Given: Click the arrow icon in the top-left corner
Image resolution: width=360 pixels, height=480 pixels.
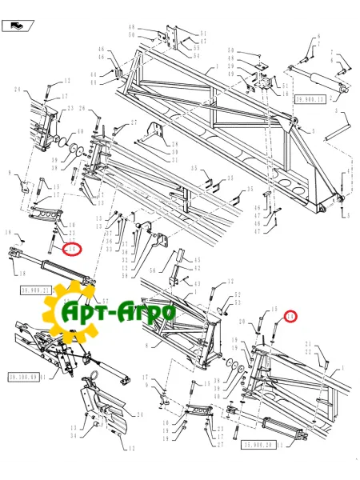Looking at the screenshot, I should coord(18,28).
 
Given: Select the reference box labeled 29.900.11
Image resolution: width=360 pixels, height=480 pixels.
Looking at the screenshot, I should coord(309,99).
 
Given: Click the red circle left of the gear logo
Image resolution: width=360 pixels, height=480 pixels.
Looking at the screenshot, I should coord(74,250).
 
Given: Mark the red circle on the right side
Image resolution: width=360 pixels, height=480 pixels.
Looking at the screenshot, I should coord(290,317).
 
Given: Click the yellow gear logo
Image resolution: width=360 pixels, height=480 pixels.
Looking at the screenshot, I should coord(77,313).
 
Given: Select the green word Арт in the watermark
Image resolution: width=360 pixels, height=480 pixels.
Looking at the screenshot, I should coord(87,311).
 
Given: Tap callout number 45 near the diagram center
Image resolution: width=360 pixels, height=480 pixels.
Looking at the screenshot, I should coord(198,262).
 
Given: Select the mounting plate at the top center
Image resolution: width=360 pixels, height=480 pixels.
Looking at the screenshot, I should coord(170,44).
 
